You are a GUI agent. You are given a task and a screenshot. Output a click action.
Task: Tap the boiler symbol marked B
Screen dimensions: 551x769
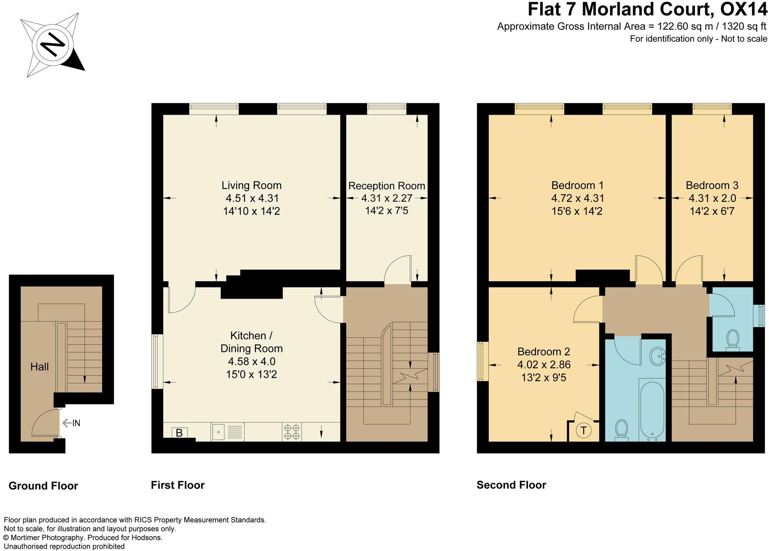click(179, 433)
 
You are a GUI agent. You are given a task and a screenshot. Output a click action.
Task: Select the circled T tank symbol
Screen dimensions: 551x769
click(583, 430)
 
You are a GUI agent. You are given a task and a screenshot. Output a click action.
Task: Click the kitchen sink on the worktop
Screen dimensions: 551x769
click(227, 432)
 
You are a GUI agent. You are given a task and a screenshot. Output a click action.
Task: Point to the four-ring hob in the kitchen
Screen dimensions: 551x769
click(292, 432)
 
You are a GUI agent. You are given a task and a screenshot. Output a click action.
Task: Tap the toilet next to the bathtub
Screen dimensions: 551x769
click(621, 430)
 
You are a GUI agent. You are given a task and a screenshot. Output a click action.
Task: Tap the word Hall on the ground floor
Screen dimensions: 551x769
click(40, 367)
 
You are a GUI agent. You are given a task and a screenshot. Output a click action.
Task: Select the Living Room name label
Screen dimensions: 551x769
click(252, 185)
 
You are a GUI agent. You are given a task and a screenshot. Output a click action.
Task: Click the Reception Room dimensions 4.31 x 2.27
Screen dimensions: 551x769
click(387, 198)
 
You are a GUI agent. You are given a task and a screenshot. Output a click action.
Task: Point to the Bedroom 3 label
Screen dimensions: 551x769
click(712, 185)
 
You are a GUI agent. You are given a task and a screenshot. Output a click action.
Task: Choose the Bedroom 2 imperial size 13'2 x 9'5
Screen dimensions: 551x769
click(543, 378)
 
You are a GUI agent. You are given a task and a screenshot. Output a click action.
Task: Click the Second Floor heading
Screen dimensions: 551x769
click(511, 485)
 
